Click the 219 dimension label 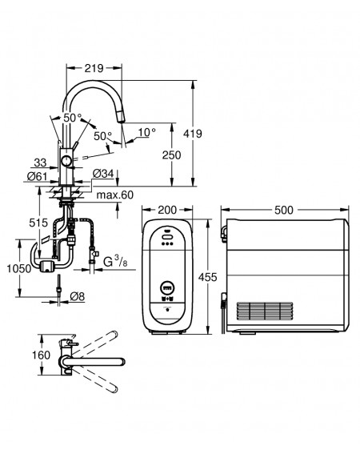(94, 68)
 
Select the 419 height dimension (193, 134)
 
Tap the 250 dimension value (172, 155)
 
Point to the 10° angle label (146, 132)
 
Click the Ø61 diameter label (37, 175)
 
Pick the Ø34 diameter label (103, 174)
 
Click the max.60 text (115, 195)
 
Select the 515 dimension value (38, 223)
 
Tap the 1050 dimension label (19, 268)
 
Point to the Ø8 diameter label (78, 296)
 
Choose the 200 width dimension (167, 210)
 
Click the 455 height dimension (207, 277)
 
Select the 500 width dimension (284, 210)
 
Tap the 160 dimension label (41, 355)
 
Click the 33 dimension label (40, 163)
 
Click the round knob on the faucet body (66, 161)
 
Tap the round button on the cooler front (167, 288)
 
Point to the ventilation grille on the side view (265, 311)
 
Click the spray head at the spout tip (122, 119)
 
